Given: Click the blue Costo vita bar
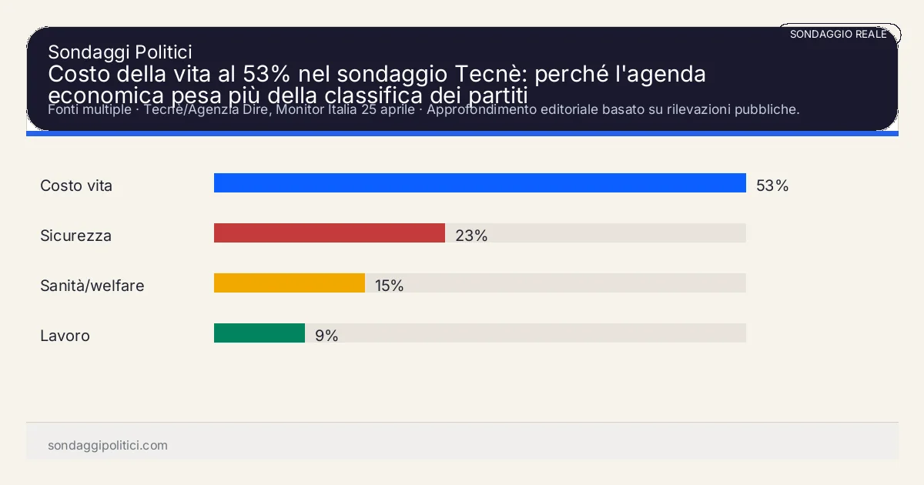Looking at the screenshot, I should point(480,183).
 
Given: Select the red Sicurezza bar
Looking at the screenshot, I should point(330,233).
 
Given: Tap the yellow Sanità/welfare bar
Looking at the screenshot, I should point(290,283).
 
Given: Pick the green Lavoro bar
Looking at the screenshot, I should point(259,333).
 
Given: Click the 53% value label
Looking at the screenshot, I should point(772,186).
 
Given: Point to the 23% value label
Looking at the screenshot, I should point(471,236).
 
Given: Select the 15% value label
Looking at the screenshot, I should point(389,286).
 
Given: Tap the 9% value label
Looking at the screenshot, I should point(326,336).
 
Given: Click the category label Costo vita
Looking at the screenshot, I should point(76,186).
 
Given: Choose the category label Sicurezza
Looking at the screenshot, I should point(75,236).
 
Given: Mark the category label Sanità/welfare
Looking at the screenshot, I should point(92,286).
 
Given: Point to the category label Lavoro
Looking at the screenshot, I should point(65,336).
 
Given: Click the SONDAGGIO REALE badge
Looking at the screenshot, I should point(839,34).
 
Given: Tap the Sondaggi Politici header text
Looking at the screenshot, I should point(119,52).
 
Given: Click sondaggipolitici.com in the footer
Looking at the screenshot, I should point(108,446).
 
